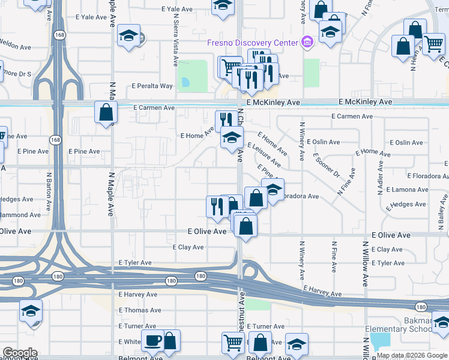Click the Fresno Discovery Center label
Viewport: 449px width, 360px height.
pyautogui.click(x=252, y=43)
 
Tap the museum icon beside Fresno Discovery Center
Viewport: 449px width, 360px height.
pyautogui.click(x=307, y=42)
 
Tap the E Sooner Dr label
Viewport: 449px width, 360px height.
pyautogui.click(x=327, y=166)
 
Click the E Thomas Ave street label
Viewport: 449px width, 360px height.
pyautogui.click(x=140, y=310)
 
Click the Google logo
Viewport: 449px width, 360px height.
pyautogui.click(x=20, y=353)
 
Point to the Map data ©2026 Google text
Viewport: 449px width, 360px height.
pyautogui.click(x=412, y=356)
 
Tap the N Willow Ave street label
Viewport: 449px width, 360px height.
pyautogui.click(x=365, y=263)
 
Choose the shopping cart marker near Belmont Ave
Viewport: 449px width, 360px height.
pyautogui.click(x=233, y=343)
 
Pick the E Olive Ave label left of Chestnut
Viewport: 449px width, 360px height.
pyautogui.click(x=207, y=231)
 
